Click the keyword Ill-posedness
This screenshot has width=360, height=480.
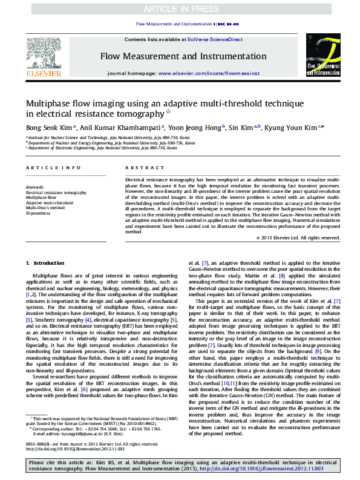[x=38, y=212]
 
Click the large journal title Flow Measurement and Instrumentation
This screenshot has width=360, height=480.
[x=183, y=56]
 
